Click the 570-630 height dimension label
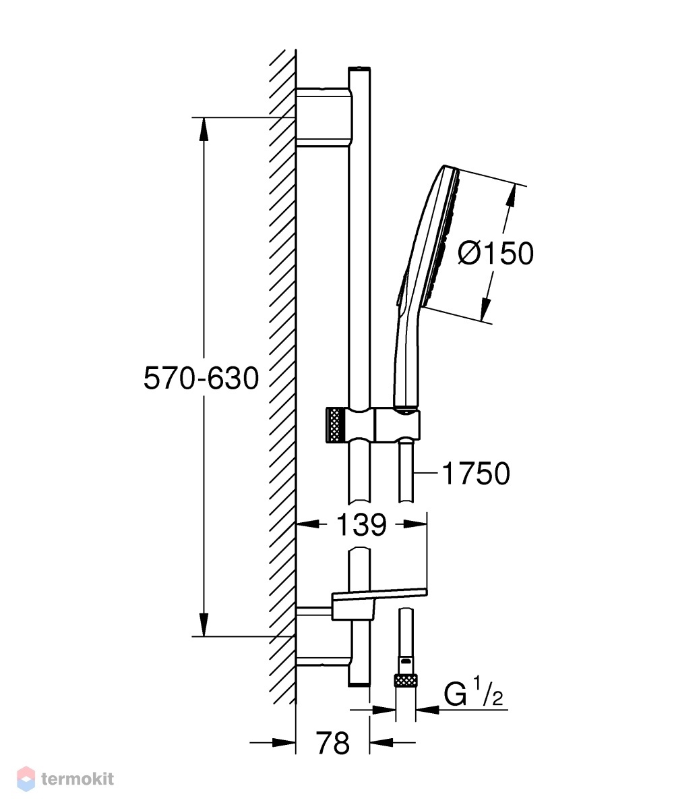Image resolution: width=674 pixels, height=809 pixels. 201,379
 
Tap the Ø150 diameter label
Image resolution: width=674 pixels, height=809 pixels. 495,254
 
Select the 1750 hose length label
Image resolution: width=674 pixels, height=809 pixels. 476,474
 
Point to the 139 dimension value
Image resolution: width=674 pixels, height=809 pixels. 361,525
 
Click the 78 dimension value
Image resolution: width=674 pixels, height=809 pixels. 333,744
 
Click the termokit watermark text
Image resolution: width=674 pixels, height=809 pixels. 78,779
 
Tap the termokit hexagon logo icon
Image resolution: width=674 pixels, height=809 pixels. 26,779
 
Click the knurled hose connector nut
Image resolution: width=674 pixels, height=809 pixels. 405,680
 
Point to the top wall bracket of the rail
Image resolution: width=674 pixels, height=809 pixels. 324,117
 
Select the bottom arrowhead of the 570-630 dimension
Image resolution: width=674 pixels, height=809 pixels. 204,625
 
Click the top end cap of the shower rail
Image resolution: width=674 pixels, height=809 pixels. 359,69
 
